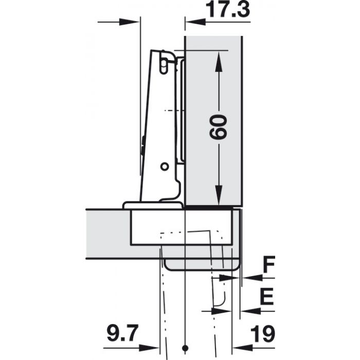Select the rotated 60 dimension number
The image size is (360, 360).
click(219, 126)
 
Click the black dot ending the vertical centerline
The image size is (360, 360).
click(184, 346)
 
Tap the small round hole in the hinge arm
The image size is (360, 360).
click(164, 167)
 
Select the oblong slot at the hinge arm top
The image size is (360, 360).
click(163, 64)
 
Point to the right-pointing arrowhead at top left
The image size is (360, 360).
click(131, 22)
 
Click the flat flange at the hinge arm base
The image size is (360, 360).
click(153, 205)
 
